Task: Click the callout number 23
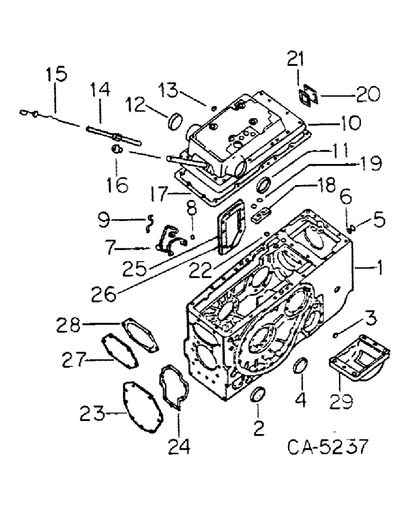[x=93, y=412]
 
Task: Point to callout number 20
[x=367, y=94]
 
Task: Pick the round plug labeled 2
[x=258, y=397]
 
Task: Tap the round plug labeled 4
[x=298, y=368]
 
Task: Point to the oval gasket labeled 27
[x=120, y=350]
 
